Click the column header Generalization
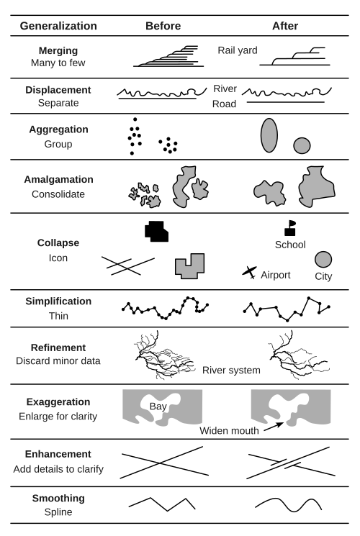(x=58, y=26)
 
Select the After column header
(x=285, y=26)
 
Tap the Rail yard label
(x=238, y=50)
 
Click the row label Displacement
(x=58, y=90)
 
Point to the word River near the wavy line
(x=225, y=88)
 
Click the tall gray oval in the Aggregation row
(x=269, y=135)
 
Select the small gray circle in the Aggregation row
(x=302, y=145)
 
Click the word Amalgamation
(x=58, y=179)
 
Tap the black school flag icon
(x=290, y=228)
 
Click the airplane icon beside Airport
(x=250, y=272)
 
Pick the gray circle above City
(x=323, y=260)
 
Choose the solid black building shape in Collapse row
(x=156, y=232)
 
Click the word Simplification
(x=58, y=301)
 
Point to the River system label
(x=231, y=371)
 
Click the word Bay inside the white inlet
(x=158, y=406)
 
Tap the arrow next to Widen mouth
(x=274, y=427)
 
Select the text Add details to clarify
(x=58, y=469)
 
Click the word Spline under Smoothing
(x=58, y=512)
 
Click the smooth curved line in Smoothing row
(x=289, y=505)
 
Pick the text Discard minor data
(x=58, y=361)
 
